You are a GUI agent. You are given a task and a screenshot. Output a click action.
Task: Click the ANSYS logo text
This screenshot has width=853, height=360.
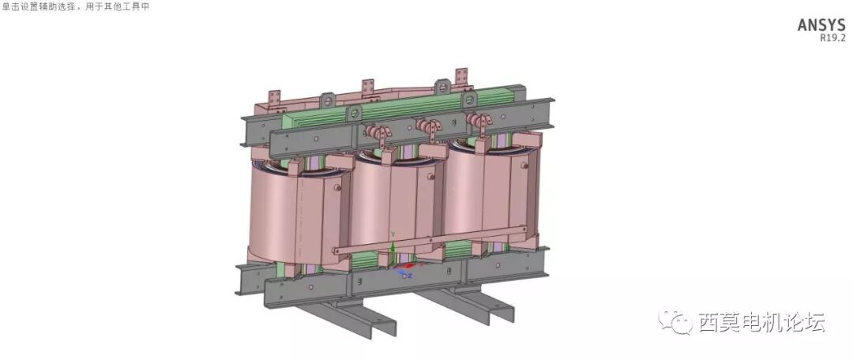[x=821, y=25]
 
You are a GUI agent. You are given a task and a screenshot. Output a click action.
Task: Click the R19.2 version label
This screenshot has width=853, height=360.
[x=832, y=37]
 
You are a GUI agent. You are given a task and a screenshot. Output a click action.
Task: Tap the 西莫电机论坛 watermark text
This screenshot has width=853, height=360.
[x=761, y=322]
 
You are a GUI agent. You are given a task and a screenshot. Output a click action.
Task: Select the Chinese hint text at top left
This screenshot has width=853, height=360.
[x=75, y=6]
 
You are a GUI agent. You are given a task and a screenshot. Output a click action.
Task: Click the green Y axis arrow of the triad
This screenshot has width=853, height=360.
[x=393, y=249]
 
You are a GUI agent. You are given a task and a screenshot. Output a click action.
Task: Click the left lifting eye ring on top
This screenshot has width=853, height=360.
[x=327, y=101]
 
